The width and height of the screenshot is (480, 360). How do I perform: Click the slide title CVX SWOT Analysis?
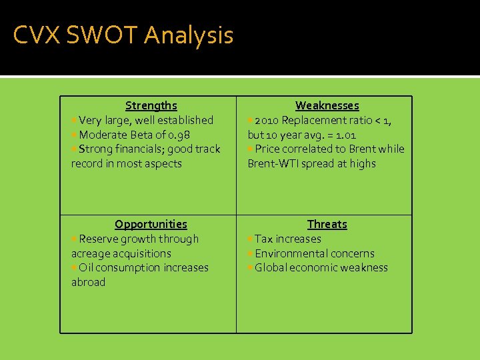pyautogui.click(x=123, y=35)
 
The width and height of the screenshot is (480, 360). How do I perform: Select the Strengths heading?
pyautogui.click(x=151, y=105)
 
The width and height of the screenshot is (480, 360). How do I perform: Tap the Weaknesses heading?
pyautogui.click(x=327, y=105)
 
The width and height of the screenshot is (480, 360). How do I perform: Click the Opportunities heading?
pyautogui.click(x=151, y=224)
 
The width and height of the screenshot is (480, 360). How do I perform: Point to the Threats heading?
pyautogui.click(x=327, y=224)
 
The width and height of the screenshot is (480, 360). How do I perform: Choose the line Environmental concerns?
pyautogui.click(x=314, y=253)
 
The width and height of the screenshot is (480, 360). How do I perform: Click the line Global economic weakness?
pyautogui.click(x=321, y=267)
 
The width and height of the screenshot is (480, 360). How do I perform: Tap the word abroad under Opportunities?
pyautogui.click(x=88, y=282)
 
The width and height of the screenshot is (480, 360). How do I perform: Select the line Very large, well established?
pyautogui.click(x=145, y=120)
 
